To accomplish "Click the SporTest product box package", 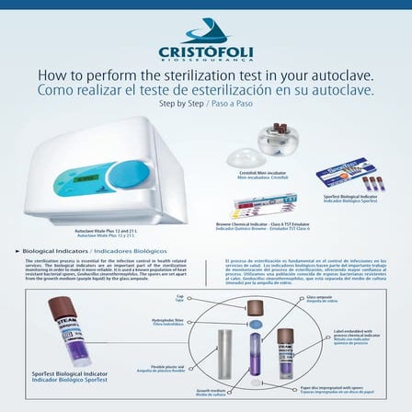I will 349,172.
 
